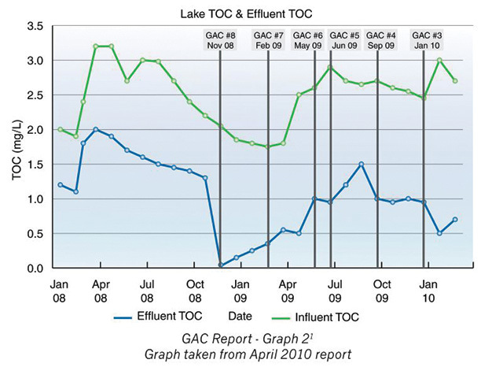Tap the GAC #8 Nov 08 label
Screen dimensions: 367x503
tap(219, 40)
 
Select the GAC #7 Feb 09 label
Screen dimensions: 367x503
tap(268, 40)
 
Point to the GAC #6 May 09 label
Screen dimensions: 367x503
tap(307, 40)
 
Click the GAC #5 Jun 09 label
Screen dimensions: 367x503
tap(344, 40)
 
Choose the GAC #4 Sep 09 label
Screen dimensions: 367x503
tap(381, 40)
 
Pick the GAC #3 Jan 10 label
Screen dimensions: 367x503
tap(427, 40)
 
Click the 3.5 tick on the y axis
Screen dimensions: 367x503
tap(34, 26)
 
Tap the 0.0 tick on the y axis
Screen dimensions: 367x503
tap(34, 269)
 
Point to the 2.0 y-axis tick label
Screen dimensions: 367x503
tap(34, 130)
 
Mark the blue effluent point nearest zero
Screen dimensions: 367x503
tap(221, 265)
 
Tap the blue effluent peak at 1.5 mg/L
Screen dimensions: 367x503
tap(361, 165)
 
